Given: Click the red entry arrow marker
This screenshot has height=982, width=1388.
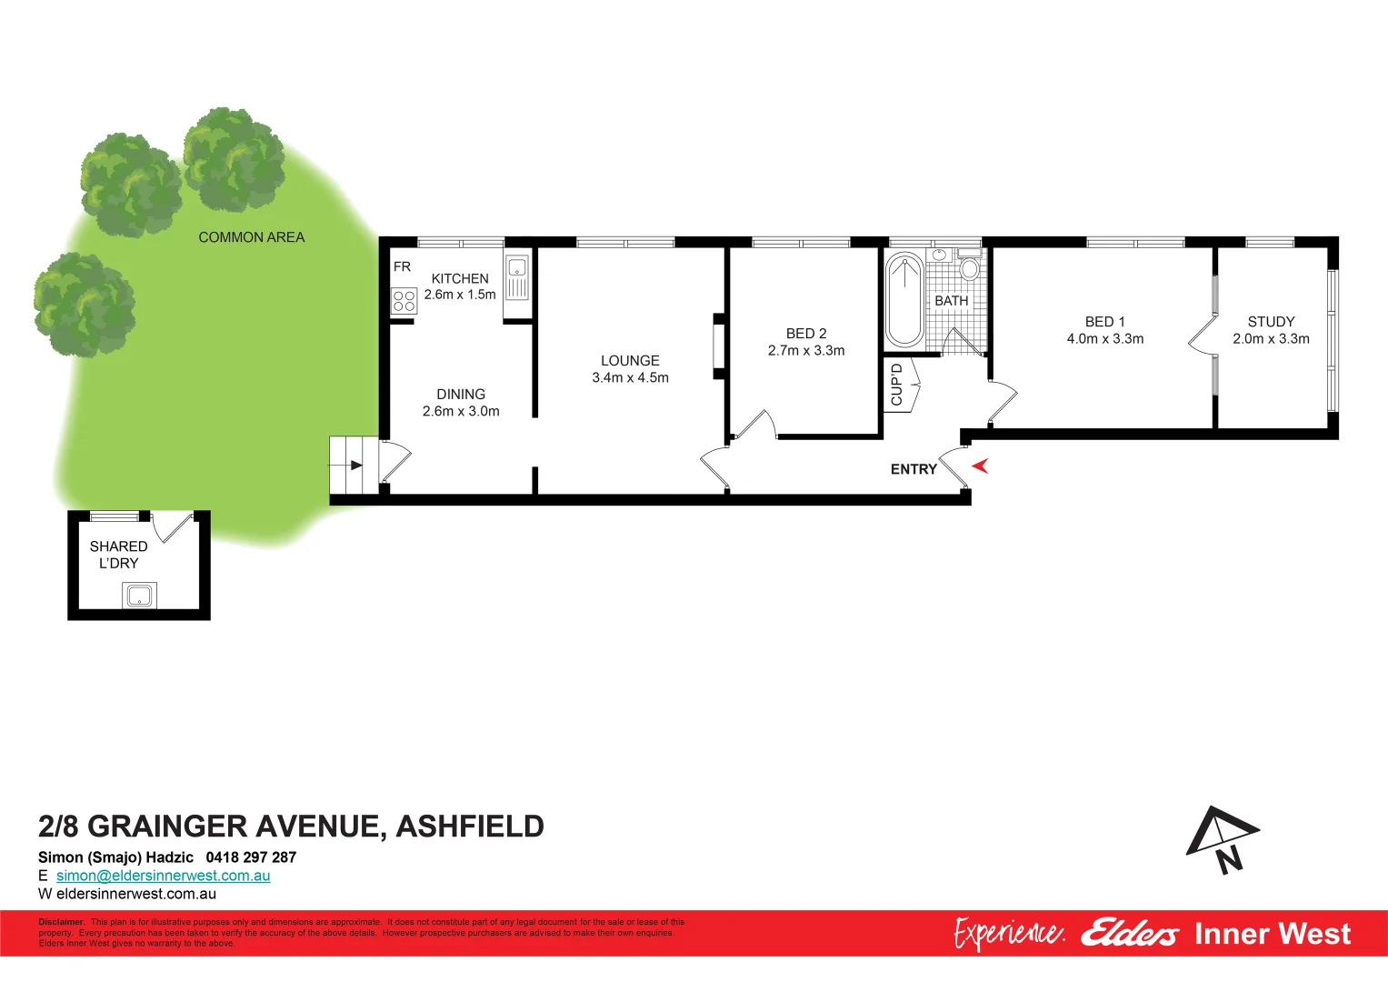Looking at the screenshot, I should [x=980, y=466].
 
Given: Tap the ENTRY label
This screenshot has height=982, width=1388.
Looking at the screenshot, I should [x=914, y=469].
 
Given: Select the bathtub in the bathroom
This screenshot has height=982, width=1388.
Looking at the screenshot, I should [x=904, y=300].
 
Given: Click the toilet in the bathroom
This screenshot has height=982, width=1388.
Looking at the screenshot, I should [x=970, y=266].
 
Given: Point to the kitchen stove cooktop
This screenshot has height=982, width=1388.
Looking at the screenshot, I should [x=404, y=301].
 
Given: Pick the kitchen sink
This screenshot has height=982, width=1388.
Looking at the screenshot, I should [x=517, y=268].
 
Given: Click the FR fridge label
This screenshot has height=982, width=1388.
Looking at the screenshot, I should [x=402, y=266].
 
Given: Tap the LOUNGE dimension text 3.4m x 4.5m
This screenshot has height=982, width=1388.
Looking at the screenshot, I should [x=630, y=378].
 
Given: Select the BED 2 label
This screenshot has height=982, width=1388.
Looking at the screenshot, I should [x=806, y=334].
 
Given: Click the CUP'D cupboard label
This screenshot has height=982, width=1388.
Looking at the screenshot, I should [x=897, y=385].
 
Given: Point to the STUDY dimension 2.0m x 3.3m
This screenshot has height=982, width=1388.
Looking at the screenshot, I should [x=1271, y=339].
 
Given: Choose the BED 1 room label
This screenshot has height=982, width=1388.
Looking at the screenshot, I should [x=1104, y=322].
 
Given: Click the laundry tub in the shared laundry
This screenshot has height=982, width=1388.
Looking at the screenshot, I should [x=139, y=596].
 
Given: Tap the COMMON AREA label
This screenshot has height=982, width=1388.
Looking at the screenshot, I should [x=252, y=237].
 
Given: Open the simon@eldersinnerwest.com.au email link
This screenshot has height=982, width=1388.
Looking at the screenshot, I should [x=164, y=876].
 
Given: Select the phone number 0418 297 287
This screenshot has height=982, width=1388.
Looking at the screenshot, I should [x=251, y=857].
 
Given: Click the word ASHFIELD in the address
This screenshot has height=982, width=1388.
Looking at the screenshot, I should [x=470, y=827].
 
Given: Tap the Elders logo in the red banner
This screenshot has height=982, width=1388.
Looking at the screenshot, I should [x=1129, y=934].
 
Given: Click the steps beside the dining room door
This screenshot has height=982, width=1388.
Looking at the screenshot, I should [x=354, y=465].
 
